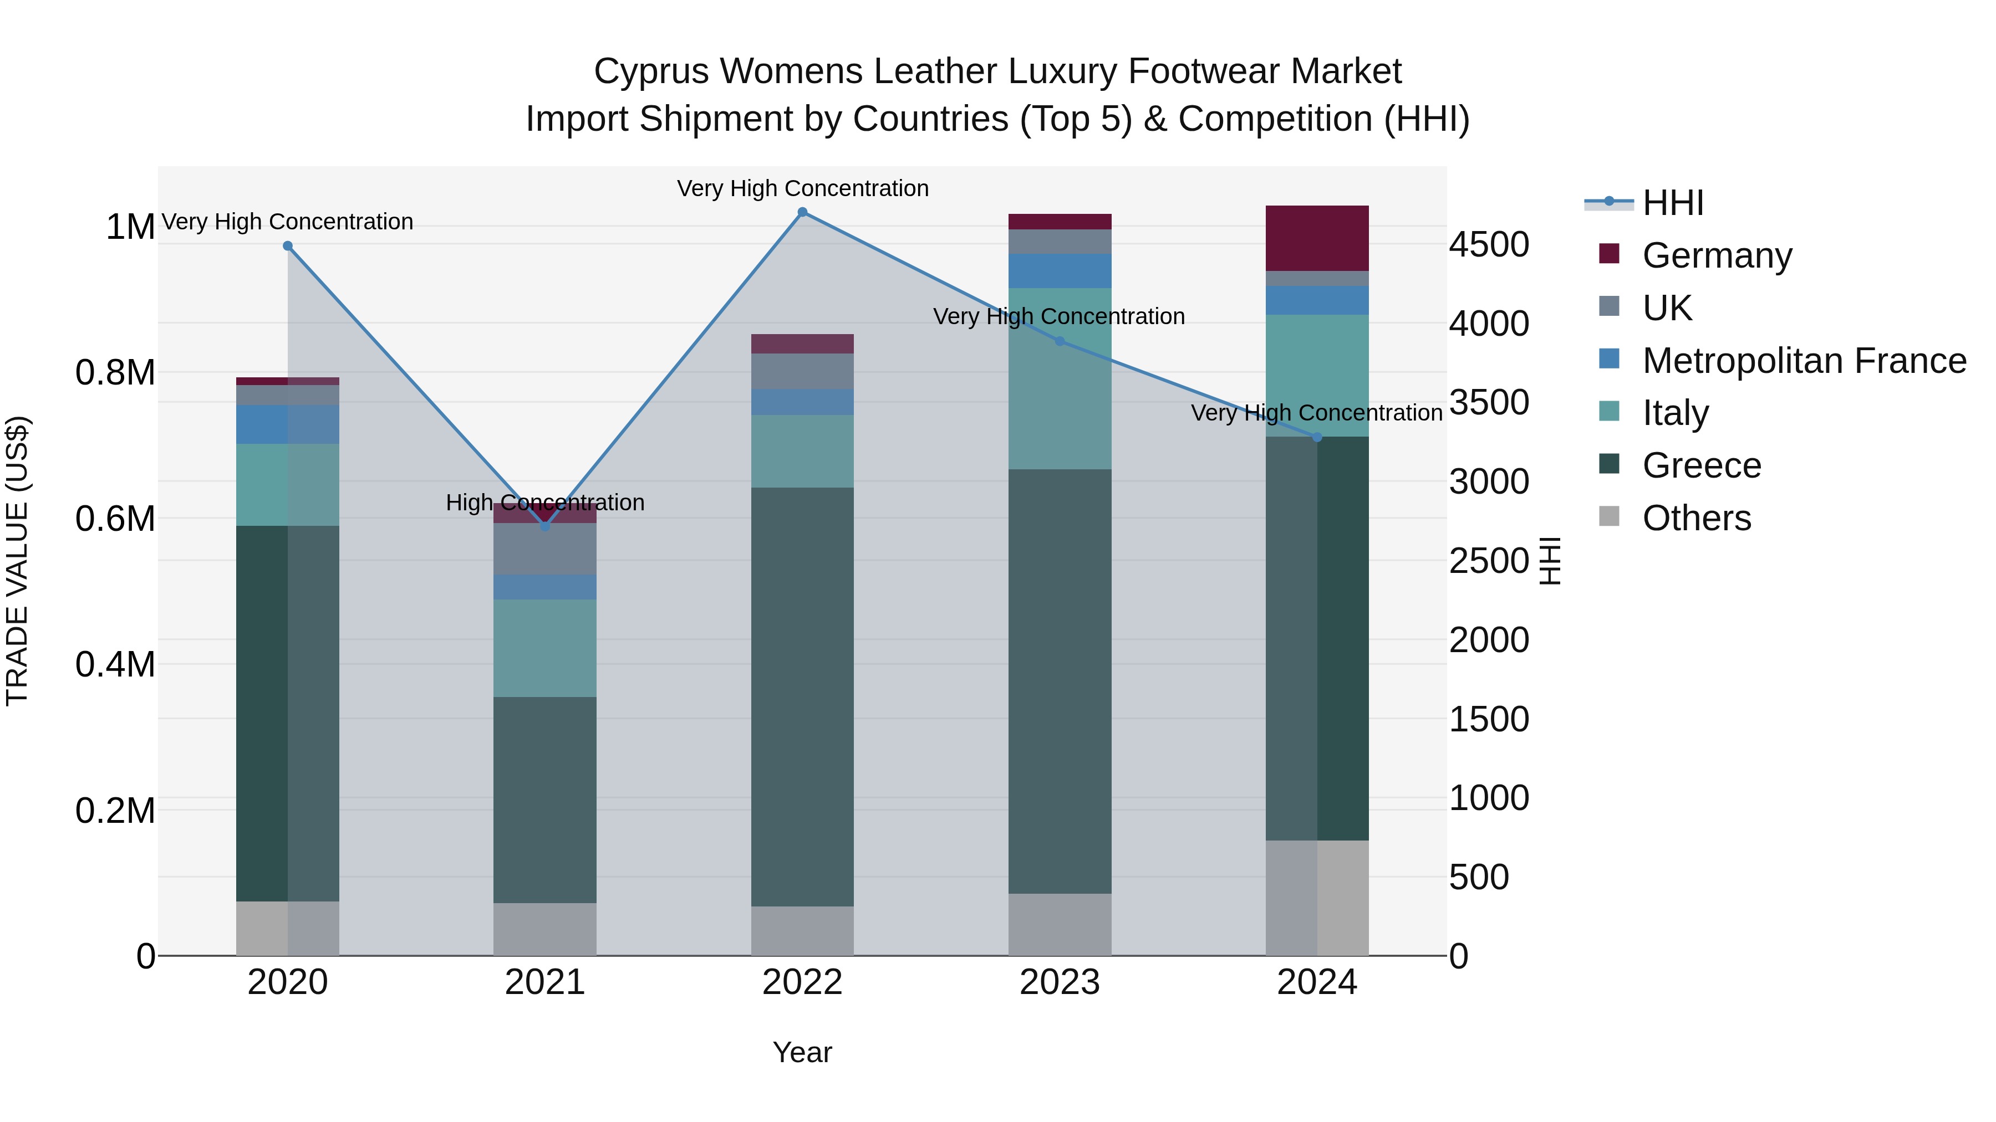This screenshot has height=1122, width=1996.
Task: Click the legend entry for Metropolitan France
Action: (1803, 360)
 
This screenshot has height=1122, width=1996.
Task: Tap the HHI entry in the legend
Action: (1672, 203)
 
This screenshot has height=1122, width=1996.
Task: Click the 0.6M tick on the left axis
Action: (115, 518)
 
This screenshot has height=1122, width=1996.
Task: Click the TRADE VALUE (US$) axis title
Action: (17, 561)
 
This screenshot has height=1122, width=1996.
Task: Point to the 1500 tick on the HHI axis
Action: (1489, 719)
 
